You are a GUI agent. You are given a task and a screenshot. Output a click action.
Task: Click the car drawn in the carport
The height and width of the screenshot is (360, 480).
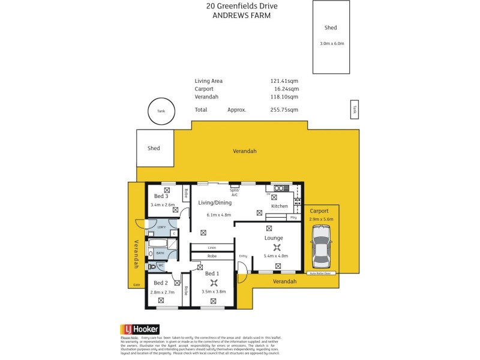[x=321, y=251]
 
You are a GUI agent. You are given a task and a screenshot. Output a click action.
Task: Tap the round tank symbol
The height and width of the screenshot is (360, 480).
[x=161, y=111]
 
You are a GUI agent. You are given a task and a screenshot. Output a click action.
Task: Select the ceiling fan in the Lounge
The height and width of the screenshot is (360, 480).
[x=277, y=247]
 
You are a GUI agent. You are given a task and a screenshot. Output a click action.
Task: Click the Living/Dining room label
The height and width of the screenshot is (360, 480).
[x=215, y=203]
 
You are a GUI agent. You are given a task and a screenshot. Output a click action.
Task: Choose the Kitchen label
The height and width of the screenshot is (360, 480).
[x=280, y=206]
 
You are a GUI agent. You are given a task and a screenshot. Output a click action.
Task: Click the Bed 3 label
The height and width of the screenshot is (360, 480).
[x=161, y=196]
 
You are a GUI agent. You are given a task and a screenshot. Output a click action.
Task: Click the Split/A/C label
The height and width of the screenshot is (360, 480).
[x=235, y=191]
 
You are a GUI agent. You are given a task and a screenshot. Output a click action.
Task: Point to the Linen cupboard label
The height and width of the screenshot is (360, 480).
[x=212, y=247]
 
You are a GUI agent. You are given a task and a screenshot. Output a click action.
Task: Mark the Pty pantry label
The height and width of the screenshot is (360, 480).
[x=293, y=217]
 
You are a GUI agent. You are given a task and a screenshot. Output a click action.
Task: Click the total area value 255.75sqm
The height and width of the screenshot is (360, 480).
[x=284, y=110]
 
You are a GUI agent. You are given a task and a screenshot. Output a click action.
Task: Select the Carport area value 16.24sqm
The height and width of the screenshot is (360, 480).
[x=286, y=89]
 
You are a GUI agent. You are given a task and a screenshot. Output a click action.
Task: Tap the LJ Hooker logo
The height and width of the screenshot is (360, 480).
[x=140, y=329]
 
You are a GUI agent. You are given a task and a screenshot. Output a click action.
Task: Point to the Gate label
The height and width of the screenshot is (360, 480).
[x=137, y=285]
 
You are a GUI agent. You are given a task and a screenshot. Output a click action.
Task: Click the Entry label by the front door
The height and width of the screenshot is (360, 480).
[x=243, y=256]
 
